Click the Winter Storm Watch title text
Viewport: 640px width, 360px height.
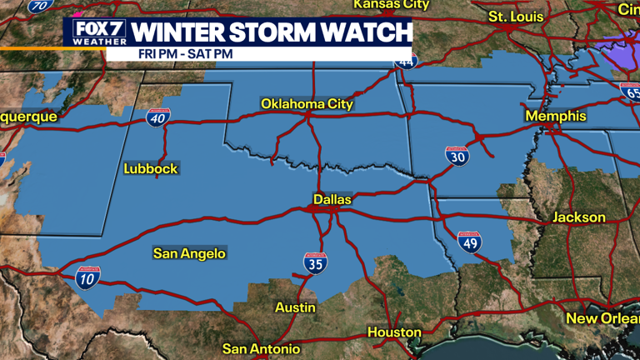(271, 32)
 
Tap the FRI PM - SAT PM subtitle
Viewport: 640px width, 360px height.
(179, 54)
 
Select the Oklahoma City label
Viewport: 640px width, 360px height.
(307, 104)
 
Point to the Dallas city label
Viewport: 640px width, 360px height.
(332, 200)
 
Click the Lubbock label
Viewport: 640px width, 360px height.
(151, 168)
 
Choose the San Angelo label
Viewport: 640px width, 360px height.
(189, 253)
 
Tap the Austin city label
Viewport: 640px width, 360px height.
(296, 307)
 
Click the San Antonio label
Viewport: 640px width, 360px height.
(261, 348)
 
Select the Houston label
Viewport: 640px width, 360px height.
(394, 332)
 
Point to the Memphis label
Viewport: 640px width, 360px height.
(555, 117)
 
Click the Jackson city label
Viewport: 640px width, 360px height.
(579, 217)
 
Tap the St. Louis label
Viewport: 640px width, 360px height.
(516, 17)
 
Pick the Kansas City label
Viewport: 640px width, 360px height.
(391, 4)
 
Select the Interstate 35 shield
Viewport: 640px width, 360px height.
(315, 264)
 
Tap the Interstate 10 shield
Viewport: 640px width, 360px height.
(87, 278)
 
